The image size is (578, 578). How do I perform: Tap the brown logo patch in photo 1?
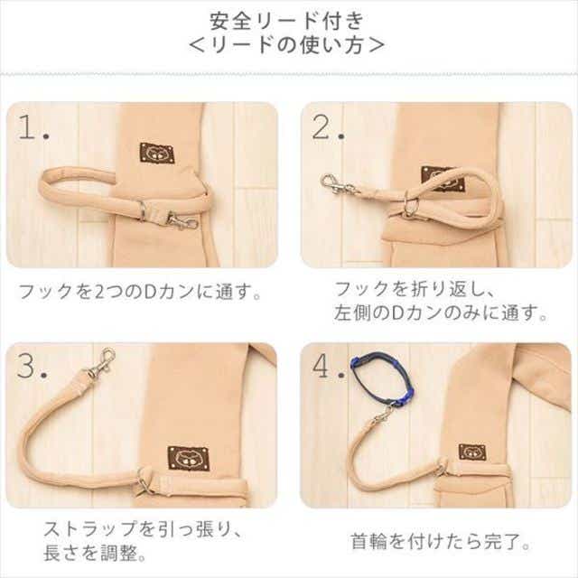[x=157, y=153]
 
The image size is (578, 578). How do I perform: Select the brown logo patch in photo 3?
[x=188, y=458]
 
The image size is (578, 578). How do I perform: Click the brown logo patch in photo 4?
[x=471, y=452]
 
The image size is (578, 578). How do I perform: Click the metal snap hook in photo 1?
[x=182, y=221]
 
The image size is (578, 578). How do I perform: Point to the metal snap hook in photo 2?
[x=337, y=184]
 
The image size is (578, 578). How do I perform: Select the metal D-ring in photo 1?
[x=143, y=210]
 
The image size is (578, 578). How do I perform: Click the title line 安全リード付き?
[x=287, y=21]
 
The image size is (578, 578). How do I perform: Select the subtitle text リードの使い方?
[x=287, y=45]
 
